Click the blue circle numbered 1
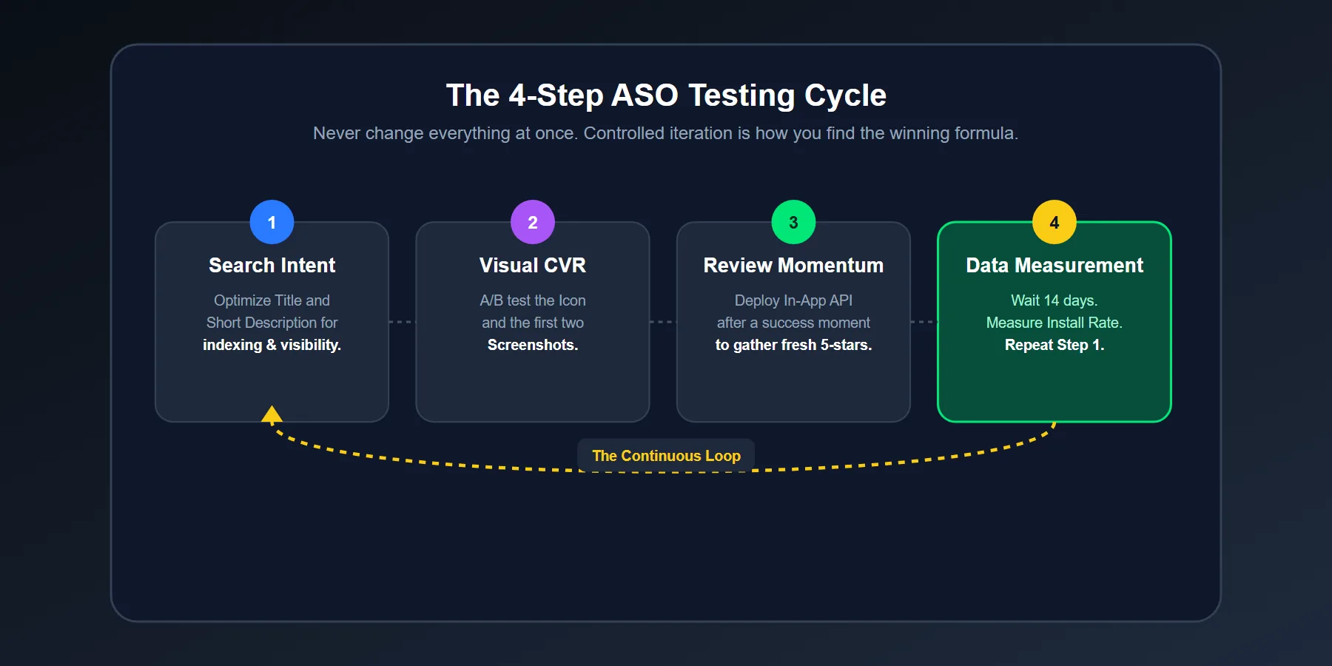[x=272, y=222]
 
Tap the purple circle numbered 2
[x=533, y=222]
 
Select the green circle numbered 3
[x=793, y=222]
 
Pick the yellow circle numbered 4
[x=1054, y=222]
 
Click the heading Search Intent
[x=272, y=265]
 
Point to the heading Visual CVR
[x=533, y=265]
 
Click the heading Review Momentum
[x=793, y=265]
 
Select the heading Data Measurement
[x=1054, y=265]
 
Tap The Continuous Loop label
[x=666, y=456]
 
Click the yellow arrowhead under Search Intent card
[x=272, y=414]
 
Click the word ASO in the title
[x=645, y=95]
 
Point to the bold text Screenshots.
[x=533, y=345]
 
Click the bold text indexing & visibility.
[x=272, y=345]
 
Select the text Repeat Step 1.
[x=1054, y=345]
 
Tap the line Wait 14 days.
[x=1054, y=300]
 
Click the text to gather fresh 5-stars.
[x=793, y=345]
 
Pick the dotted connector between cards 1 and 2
[x=402, y=322]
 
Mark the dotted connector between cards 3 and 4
[x=924, y=322]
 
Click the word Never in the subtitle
[x=336, y=133]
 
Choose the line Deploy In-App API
[x=793, y=300]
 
